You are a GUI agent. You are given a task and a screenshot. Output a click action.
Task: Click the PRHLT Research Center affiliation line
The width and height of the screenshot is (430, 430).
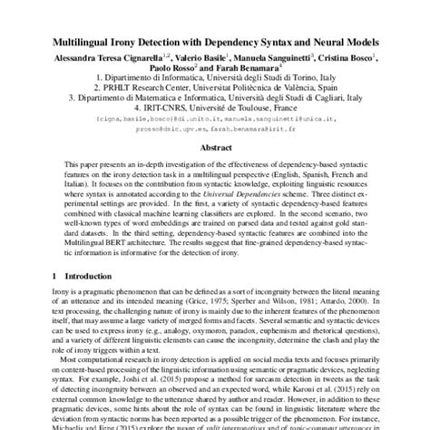click(x=214, y=93)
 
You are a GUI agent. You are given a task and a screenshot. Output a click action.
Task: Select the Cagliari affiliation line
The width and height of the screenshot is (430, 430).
click(x=214, y=103)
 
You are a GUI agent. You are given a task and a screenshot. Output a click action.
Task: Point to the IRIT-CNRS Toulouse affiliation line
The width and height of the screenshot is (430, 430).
click(x=214, y=114)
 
